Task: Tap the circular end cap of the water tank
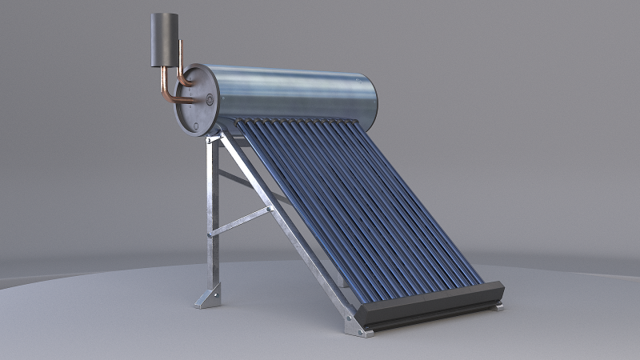click(197, 101)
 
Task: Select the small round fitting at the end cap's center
click(210, 100)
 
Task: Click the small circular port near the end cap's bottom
click(195, 125)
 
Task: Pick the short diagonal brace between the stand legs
click(240, 222)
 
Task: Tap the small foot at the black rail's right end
click(498, 305)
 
